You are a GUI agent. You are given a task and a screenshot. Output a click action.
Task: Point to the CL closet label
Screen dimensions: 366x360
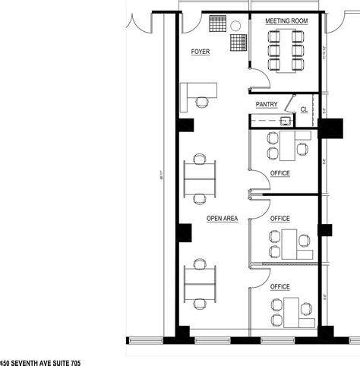coord(303,110)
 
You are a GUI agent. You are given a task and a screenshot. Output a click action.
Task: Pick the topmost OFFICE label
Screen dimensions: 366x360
coord(280,172)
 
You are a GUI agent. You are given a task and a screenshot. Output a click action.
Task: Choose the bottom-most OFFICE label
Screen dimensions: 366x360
coord(280,286)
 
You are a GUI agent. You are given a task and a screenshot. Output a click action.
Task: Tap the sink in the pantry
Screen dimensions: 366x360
coord(286,119)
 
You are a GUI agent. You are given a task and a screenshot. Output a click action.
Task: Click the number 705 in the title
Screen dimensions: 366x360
coord(71,361)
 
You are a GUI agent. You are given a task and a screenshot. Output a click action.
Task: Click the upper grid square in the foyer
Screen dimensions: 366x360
coord(218,25)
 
